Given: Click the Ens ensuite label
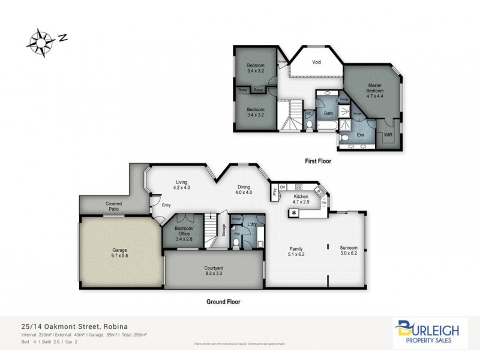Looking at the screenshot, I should (x=361, y=135).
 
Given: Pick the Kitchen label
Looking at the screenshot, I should (x=301, y=196).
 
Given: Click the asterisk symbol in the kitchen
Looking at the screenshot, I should (x=295, y=213).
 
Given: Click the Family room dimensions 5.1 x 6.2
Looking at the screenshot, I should (x=296, y=254).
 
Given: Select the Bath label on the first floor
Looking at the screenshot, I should (x=328, y=113).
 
